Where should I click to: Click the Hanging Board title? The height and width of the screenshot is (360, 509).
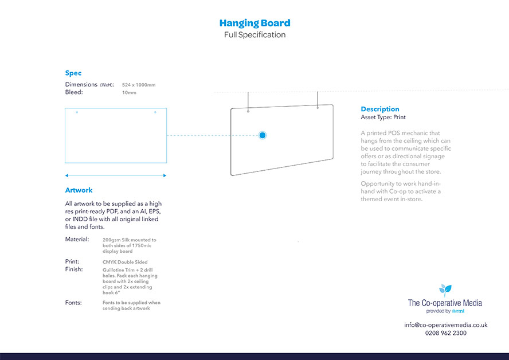254,23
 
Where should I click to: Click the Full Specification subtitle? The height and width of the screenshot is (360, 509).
254,35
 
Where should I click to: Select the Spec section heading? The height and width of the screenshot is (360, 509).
73,73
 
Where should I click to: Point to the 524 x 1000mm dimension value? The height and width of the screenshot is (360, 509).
139,85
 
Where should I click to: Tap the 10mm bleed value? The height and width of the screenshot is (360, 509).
129,92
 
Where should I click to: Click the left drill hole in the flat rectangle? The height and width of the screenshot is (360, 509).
77,112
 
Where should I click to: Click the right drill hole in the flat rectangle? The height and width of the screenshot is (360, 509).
155,112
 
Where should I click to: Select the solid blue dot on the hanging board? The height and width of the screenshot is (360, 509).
263,135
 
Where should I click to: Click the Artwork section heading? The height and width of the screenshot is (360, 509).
79,190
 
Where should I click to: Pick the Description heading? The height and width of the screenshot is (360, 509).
380,109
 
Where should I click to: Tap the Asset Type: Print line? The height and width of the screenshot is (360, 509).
383,117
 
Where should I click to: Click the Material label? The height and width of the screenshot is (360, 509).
77,239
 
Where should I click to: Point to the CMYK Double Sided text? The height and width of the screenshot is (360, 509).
125,262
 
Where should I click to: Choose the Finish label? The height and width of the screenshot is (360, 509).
74,269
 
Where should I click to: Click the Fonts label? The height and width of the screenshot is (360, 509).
73,302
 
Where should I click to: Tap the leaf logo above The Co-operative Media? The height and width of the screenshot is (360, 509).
445,290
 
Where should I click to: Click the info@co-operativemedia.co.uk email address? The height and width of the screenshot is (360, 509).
445,324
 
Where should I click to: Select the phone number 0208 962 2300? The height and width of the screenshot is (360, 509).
445,332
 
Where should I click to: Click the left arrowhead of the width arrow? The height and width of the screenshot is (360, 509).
66,175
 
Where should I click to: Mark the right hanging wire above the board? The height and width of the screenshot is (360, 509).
318,99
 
